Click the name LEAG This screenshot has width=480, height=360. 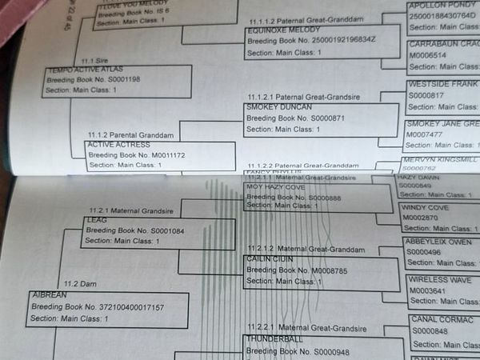pos(96,219)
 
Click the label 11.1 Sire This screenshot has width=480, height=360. pos(95,60)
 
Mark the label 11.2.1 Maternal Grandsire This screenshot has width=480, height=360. pos(120,209)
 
